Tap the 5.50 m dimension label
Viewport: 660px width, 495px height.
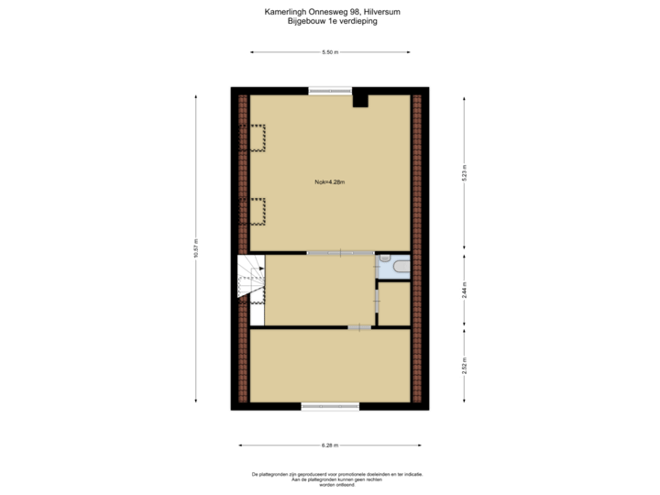coord(330,52)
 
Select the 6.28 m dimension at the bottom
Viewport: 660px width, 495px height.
coord(330,445)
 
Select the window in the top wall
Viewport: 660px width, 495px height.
coord(331,90)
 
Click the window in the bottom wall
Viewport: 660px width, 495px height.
coord(330,405)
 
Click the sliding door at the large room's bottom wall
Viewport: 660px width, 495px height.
coord(340,252)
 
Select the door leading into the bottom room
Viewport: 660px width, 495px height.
coord(359,326)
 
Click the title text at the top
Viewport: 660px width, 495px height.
coord(330,16)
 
